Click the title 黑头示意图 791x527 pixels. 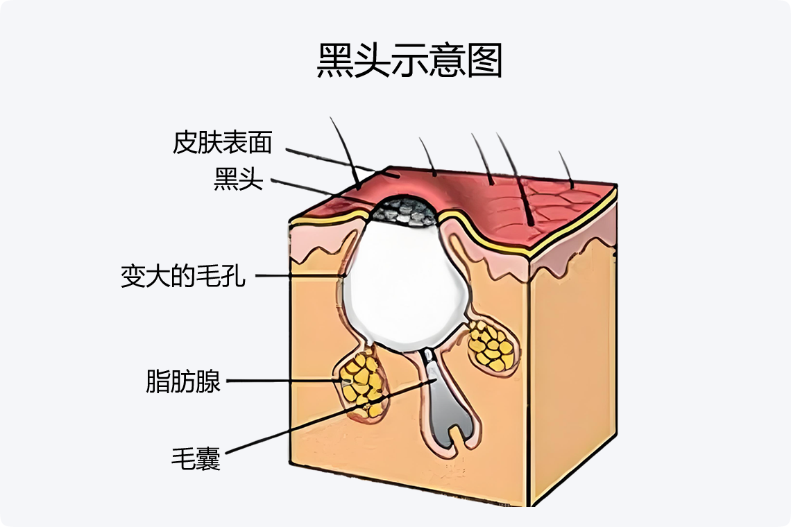(409, 62)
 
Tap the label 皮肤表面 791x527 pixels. (222, 143)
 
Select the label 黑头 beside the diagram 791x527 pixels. (239, 180)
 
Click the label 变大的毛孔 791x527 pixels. (183, 277)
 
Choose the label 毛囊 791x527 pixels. (196, 458)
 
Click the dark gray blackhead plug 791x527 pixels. (405, 211)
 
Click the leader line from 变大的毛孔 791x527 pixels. (298, 276)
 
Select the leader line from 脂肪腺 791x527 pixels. (284, 381)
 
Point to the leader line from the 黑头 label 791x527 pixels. (319, 191)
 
